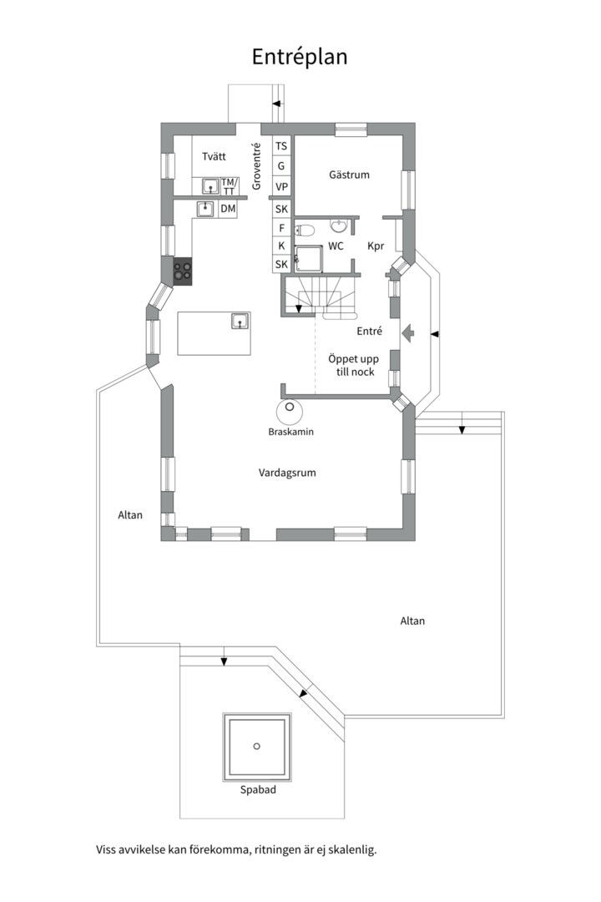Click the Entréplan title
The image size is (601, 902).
click(300, 57)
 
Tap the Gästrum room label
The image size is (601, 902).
click(349, 175)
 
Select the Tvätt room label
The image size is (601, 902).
click(214, 156)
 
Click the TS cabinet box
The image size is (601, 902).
click(281, 146)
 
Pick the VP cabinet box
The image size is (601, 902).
click(281, 187)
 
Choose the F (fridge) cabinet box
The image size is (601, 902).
click(281, 228)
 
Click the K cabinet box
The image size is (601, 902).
click(281, 246)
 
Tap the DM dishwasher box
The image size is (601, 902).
click(229, 209)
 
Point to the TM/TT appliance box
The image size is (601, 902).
click(229, 186)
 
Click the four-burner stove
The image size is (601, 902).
click(183, 271)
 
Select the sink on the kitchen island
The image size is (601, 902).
click(240, 321)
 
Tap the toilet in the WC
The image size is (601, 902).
click(304, 231)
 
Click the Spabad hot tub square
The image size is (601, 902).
click(257, 747)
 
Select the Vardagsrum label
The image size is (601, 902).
click(287, 473)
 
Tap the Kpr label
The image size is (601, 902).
click(376, 246)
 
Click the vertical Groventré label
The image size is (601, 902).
click(256, 166)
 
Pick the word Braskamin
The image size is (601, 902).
click(291, 432)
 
